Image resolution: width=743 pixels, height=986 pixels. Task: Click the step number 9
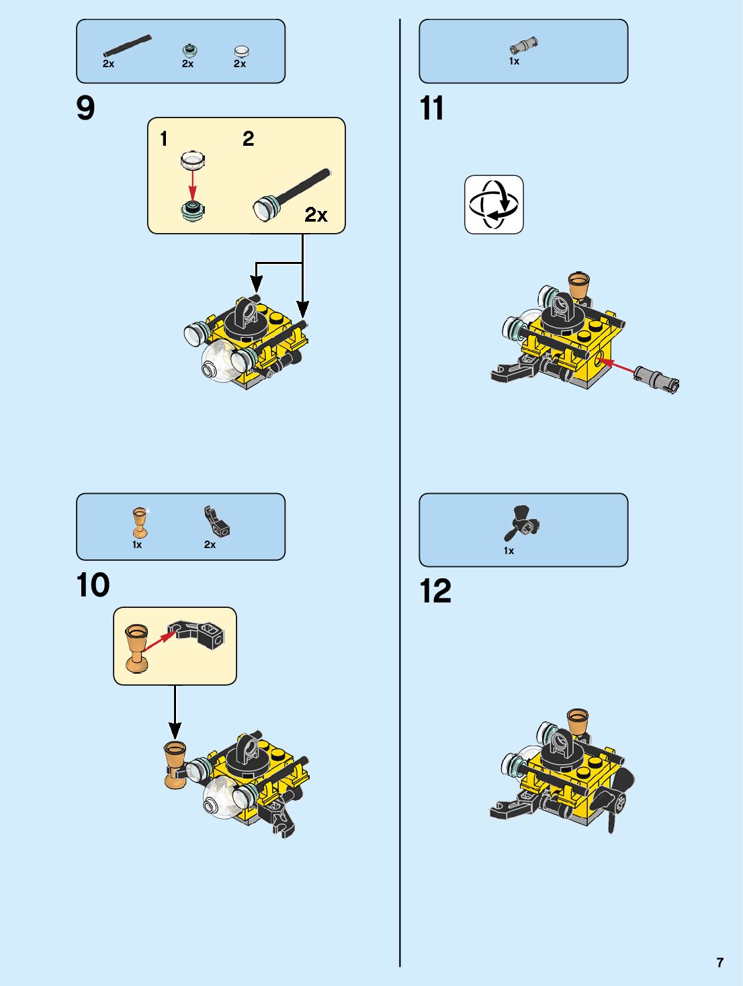(85, 108)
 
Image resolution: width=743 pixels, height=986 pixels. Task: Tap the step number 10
(93, 584)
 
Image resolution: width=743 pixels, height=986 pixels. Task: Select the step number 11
(431, 108)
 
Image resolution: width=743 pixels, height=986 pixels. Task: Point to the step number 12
(435, 590)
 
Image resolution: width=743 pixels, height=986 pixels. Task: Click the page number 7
(720, 962)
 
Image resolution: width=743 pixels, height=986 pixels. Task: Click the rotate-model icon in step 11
(494, 204)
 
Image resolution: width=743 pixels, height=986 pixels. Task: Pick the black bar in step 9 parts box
(128, 46)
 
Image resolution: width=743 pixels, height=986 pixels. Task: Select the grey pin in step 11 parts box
(524, 45)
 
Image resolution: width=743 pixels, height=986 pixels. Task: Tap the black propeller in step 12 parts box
(522, 523)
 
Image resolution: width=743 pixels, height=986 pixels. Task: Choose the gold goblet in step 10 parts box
(140, 523)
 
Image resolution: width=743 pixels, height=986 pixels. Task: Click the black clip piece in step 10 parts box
(216, 521)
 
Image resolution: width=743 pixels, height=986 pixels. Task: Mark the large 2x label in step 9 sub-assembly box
(316, 215)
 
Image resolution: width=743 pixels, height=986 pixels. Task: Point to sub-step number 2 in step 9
(249, 139)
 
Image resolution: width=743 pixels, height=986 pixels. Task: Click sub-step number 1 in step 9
(164, 139)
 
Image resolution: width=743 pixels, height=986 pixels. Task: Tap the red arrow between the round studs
(193, 185)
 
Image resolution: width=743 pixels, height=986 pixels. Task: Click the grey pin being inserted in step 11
(656, 380)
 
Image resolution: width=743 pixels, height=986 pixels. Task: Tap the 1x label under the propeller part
(509, 551)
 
